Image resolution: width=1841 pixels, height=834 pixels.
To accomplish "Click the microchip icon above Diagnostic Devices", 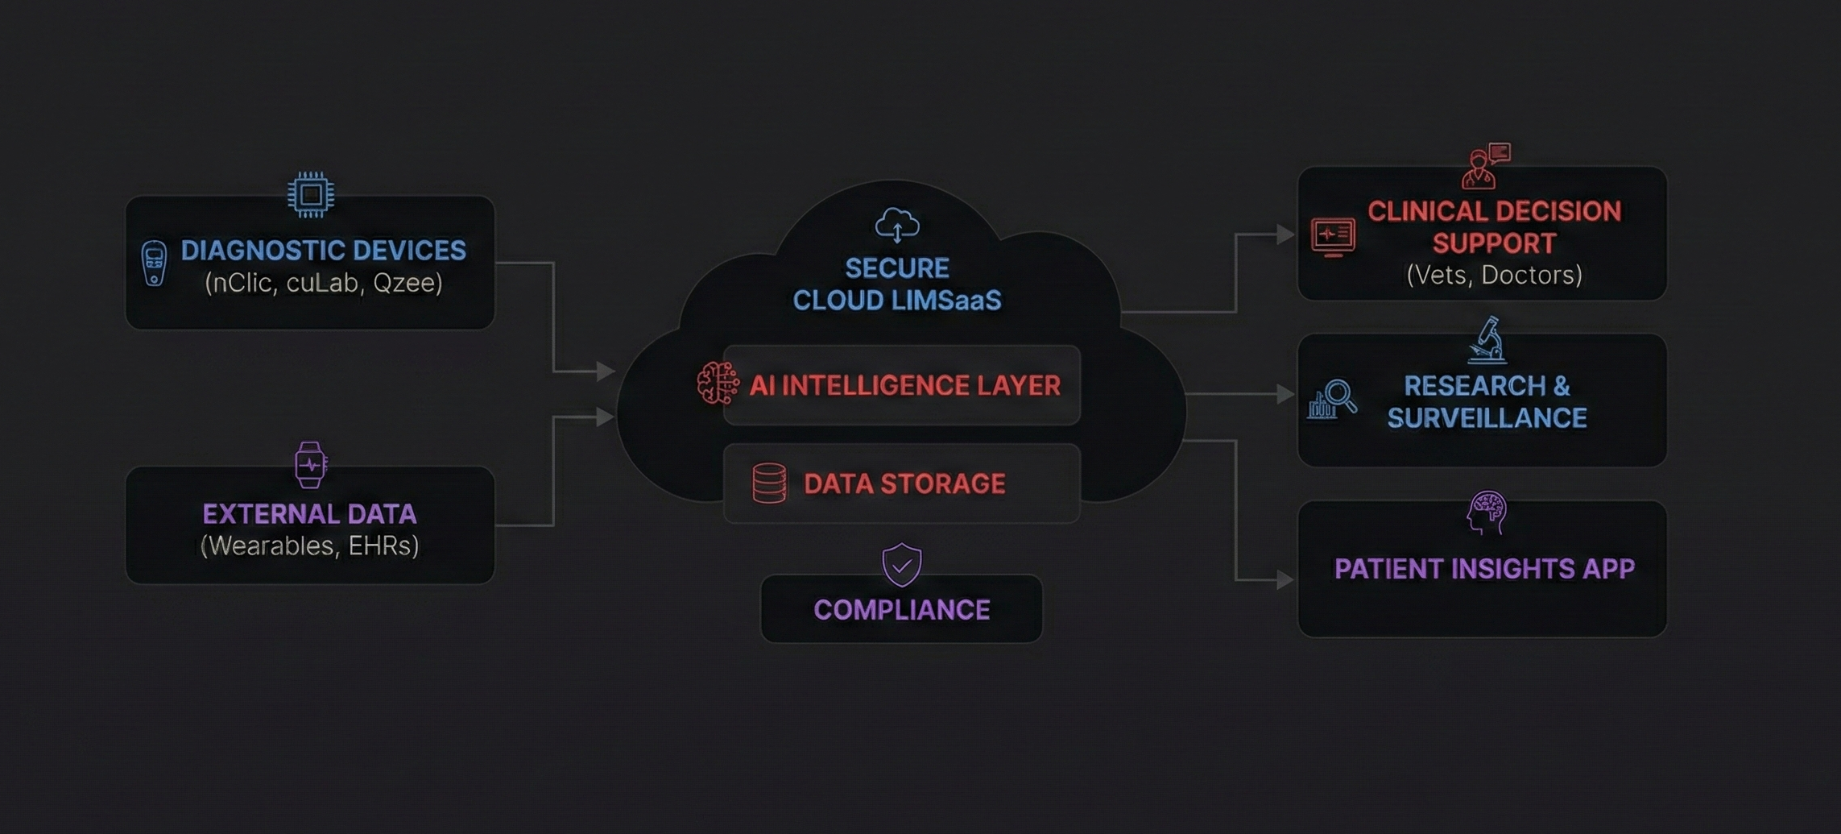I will [311, 194].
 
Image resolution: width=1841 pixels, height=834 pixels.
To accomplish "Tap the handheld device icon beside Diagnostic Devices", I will [154, 263].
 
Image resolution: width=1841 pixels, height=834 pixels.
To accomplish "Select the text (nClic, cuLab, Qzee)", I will [323, 283].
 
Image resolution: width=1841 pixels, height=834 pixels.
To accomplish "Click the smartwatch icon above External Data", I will [310, 464].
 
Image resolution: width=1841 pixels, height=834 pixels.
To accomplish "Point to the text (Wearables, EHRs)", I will [309, 546].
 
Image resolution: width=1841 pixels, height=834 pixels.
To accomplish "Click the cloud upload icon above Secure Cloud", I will [897, 225].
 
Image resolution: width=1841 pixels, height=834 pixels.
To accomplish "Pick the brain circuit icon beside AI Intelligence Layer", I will [717, 383].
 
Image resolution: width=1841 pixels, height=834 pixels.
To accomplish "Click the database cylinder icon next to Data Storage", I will [769, 483].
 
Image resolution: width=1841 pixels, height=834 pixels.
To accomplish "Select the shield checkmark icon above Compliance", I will [901, 564].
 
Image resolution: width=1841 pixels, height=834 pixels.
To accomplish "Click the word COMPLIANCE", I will [901, 610].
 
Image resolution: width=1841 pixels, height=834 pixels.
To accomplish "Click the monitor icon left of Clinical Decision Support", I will [1333, 237].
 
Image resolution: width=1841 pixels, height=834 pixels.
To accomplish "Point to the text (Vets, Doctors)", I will [1494, 276].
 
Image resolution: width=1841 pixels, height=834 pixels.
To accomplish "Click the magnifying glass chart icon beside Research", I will [1332, 399].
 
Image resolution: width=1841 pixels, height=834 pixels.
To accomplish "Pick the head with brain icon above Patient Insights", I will [1486, 512].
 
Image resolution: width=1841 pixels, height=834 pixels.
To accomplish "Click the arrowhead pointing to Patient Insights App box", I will [1285, 579].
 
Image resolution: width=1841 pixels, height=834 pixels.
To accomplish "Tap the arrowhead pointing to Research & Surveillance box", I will [1285, 394].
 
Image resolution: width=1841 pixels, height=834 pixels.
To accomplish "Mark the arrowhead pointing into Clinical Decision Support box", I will [1285, 234].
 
